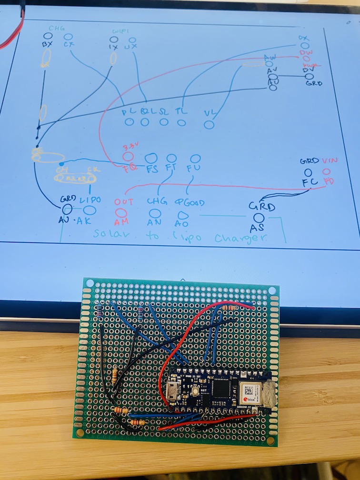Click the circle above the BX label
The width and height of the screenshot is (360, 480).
tap(48, 36)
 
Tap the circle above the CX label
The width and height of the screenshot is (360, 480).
tap(68, 37)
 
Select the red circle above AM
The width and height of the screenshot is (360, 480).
tap(121, 213)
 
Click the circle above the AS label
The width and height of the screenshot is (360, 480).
tap(259, 218)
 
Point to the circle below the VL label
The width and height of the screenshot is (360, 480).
tap(209, 124)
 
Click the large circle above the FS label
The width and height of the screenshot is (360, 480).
tap(151, 158)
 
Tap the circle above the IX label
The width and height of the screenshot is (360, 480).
tap(114, 41)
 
